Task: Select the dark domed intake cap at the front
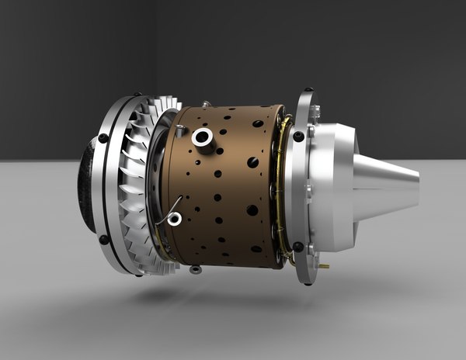click(x=88, y=186)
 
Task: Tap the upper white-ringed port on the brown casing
click(x=203, y=137)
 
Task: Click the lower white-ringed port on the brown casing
click(x=175, y=219)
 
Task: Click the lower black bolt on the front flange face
click(x=104, y=240)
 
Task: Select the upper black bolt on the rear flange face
click(x=298, y=137)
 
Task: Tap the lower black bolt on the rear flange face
click(x=298, y=247)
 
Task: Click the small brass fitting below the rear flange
click(x=323, y=266)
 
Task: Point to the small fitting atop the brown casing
click(x=206, y=103)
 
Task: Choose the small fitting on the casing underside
click(x=196, y=269)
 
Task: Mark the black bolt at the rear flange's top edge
click(x=309, y=91)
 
